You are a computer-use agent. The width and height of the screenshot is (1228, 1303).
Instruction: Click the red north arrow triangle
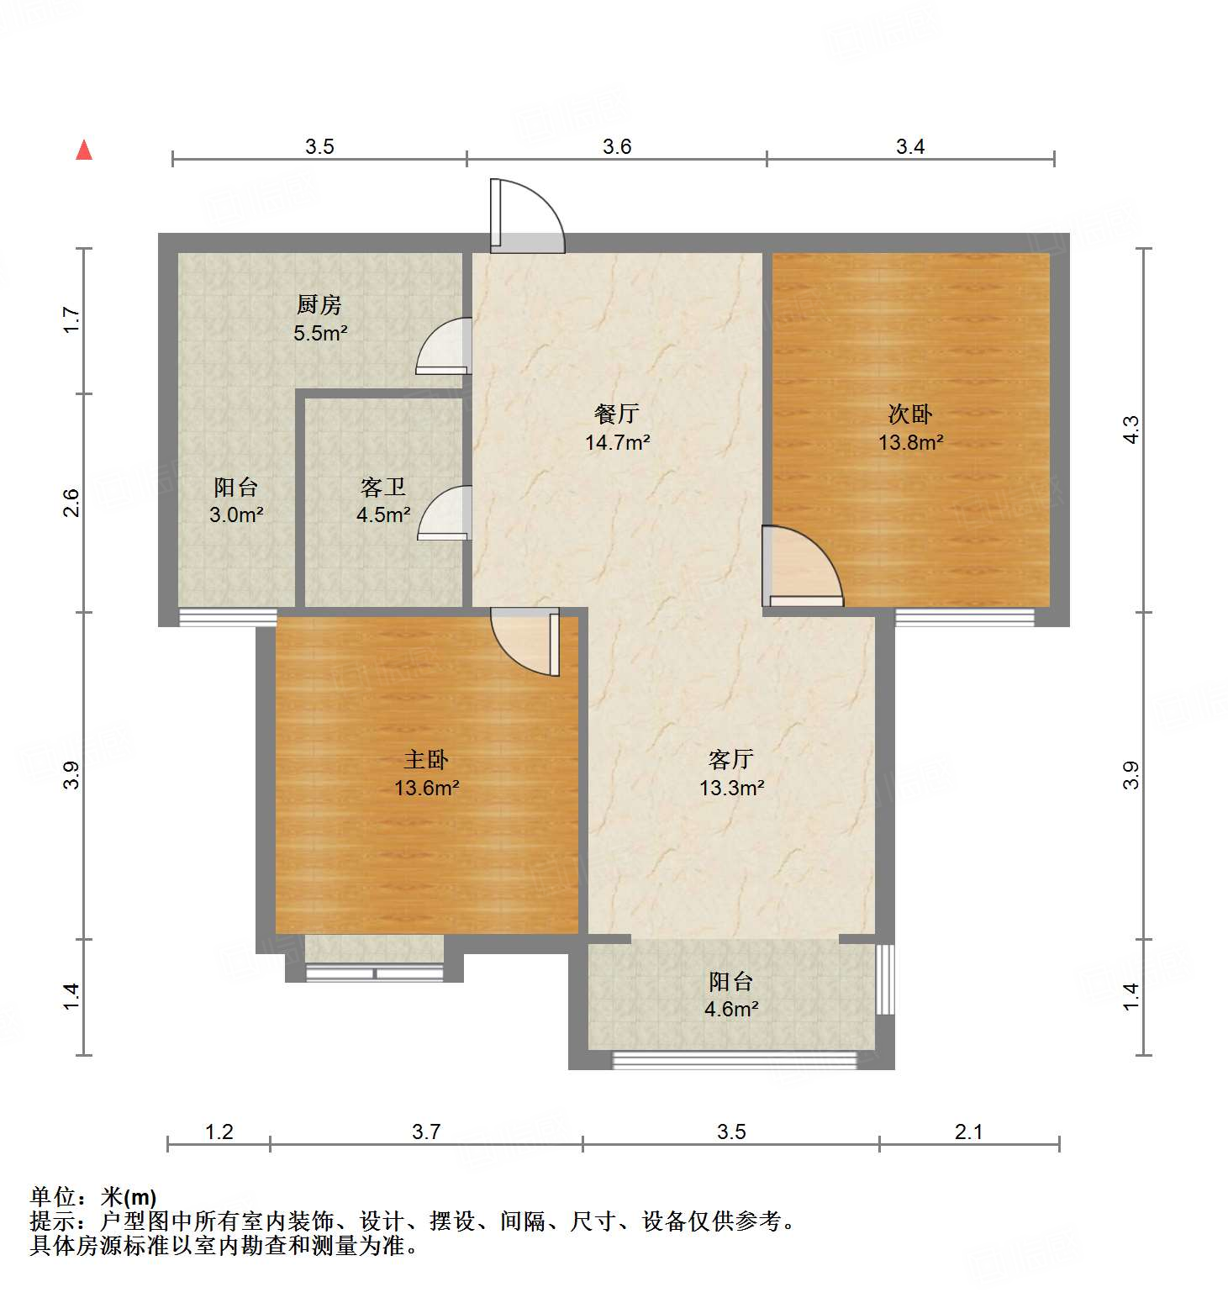[x=84, y=150]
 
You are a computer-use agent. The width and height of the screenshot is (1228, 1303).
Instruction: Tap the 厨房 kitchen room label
[x=319, y=304]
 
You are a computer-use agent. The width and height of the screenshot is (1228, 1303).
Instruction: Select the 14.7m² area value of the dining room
[x=618, y=442]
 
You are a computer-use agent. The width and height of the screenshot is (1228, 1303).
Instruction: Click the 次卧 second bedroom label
[x=910, y=414]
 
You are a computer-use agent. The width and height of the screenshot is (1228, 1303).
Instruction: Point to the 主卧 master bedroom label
[x=426, y=760]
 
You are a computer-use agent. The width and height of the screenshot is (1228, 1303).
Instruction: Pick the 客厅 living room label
[x=731, y=760]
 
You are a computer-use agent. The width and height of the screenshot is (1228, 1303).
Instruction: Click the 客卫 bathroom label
[x=383, y=487]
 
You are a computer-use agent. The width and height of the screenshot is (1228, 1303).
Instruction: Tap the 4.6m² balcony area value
[x=731, y=1009]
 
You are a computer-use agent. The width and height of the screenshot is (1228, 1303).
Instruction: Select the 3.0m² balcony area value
[x=236, y=514]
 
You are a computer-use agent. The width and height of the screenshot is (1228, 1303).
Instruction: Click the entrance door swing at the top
[x=527, y=216]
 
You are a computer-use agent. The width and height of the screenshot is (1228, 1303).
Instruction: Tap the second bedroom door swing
[x=801, y=567]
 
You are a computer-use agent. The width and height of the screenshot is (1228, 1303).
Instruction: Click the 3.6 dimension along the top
[x=617, y=147]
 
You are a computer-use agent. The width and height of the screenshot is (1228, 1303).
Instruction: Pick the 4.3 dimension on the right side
[x=1131, y=430]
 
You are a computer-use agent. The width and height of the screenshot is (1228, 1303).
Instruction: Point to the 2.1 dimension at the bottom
[x=968, y=1132]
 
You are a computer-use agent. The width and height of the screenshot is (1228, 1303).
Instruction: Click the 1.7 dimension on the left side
[x=72, y=320]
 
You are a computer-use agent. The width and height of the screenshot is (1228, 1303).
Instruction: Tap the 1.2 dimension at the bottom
[x=219, y=1132]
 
